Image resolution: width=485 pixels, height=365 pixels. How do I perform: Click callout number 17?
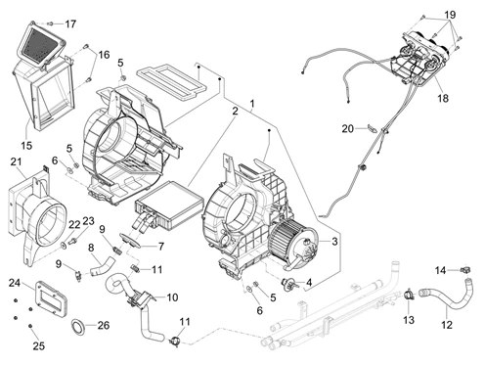coord(70,23)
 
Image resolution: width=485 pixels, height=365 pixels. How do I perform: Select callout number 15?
coord(26,145)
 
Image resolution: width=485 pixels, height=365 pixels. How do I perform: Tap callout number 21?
coord(16,161)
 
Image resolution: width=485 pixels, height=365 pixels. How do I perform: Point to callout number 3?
coord(334,242)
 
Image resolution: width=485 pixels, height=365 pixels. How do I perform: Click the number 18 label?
coord(443,98)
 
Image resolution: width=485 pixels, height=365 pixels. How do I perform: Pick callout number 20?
coord(348,129)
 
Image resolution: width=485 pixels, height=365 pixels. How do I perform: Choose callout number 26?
coord(104,325)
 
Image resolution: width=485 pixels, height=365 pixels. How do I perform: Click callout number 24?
coord(15,283)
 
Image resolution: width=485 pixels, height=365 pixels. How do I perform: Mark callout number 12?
coord(447,325)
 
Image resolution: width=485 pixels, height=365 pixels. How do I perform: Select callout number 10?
coord(172,297)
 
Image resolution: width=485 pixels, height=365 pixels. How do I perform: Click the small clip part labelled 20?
coord(372,127)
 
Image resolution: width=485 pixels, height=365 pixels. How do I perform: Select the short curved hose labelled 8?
coord(103,265)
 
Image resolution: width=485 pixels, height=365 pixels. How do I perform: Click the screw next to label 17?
coord(50,23)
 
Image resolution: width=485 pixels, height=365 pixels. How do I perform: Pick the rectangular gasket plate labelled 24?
coord(50,299)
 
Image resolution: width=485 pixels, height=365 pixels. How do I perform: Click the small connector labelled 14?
coord(465,270)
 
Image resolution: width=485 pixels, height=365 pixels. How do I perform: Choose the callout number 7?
coord(161,247)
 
